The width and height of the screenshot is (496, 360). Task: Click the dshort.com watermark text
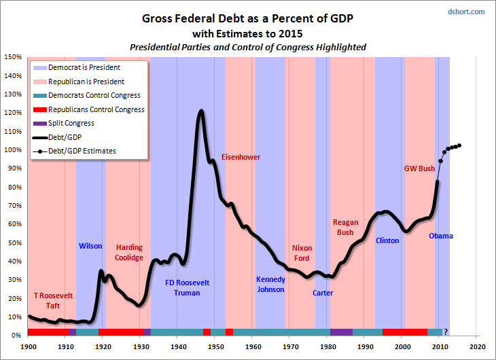(x=466, y=12)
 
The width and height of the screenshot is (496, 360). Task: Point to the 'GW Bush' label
(x=419, y=168)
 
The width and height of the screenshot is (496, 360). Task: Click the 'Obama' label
(x=440, y=236)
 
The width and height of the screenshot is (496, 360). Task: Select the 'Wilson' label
(x=90, y=246)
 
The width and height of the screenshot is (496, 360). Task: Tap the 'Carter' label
(x=323, y=293)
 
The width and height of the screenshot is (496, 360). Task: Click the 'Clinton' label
(x=387, y=240)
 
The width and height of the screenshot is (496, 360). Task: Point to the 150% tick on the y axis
(x=14, y=58)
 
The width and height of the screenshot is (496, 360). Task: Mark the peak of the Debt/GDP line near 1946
(x=201, y=111)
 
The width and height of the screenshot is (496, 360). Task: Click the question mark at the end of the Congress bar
(x=446, y=332)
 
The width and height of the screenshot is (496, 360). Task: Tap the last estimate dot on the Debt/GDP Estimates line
(x=460, y=145)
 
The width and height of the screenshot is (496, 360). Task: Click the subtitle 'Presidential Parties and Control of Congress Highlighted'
(x=248, y=47)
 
